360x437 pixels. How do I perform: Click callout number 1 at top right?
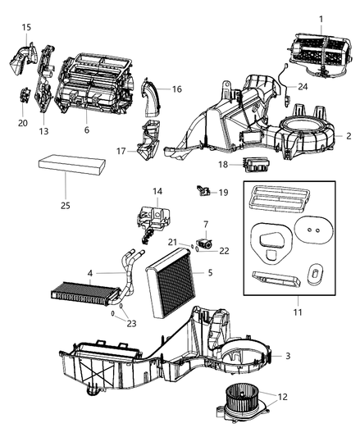[x=321, y=19]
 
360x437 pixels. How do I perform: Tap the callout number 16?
[x=176, y=89]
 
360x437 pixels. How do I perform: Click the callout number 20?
[x=21, y=124]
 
